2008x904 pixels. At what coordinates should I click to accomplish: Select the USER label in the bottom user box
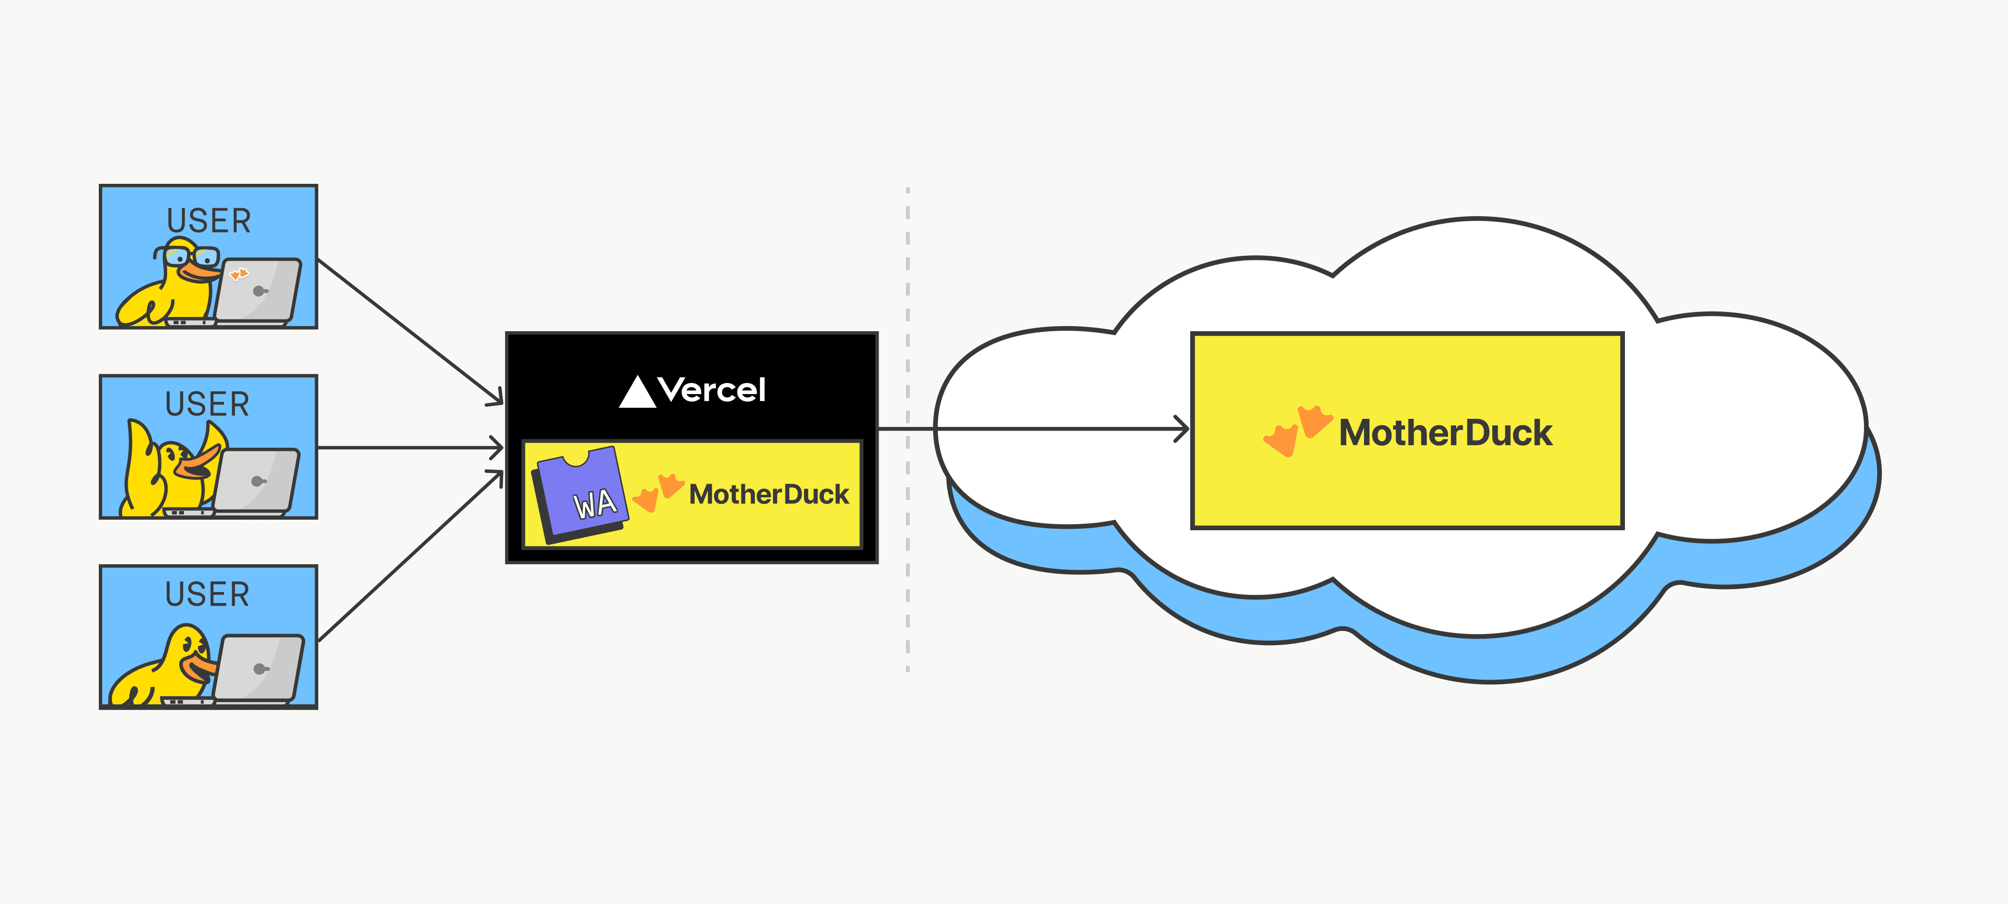click(207, 595)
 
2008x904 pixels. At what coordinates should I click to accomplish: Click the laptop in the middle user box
click(256, 480)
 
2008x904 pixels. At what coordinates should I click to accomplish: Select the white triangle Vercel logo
click(637, 392)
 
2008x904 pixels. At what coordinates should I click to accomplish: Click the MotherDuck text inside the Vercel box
click(769, 494)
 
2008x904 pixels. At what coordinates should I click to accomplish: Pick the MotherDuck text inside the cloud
click(1445, 434)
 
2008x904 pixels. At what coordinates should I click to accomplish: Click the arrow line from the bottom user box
click(409, 557)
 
